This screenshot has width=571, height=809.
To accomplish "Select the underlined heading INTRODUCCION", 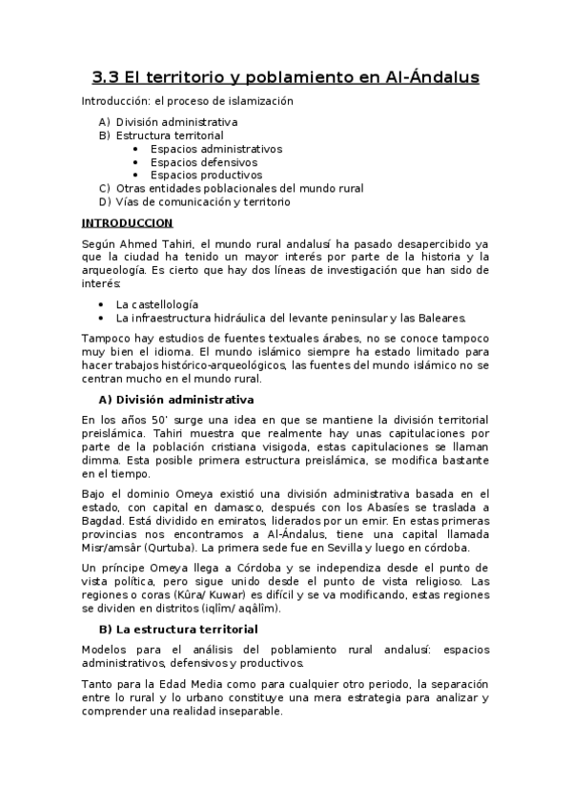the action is click(127, 222).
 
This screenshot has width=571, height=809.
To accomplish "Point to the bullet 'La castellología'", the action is click(157, 304).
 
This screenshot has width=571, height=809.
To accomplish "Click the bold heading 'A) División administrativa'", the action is click(176, 399).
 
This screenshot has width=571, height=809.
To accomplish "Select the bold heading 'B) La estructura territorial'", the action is click(178, 630).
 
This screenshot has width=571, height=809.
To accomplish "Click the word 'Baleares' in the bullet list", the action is click(441, 318).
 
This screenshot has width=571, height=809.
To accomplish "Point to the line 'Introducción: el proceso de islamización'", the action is click(187, 100).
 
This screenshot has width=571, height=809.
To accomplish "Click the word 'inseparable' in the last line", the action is click(251, 712).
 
